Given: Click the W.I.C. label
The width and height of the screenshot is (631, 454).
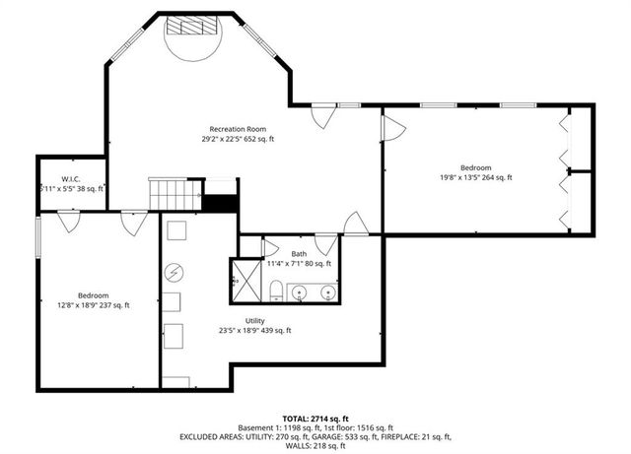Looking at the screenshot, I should pos(70,178).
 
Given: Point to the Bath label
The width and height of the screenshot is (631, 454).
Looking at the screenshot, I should pos(298,254).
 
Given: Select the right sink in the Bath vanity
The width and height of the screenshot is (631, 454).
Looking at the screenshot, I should pos(326,292).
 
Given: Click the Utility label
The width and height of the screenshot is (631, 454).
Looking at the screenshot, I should pos(254,320).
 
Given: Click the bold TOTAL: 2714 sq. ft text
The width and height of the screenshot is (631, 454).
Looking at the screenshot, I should pos(315,419).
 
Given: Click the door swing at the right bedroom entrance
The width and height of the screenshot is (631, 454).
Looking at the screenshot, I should pos(393,125).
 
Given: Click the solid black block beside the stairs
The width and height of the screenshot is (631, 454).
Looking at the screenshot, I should pos(221,203).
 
